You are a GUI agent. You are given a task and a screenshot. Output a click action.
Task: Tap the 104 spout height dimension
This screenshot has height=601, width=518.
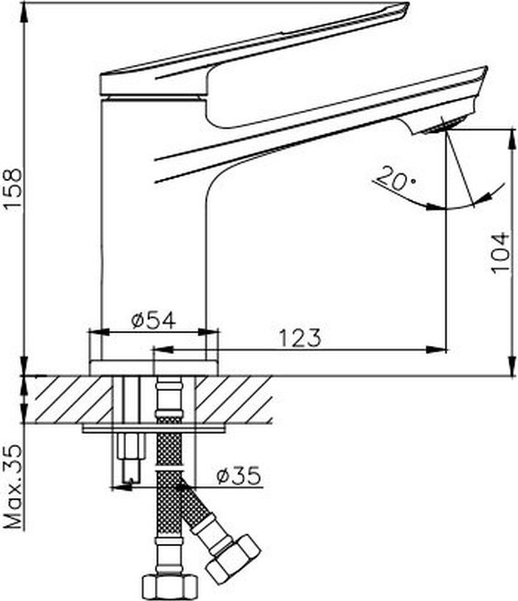(x=501, y=251)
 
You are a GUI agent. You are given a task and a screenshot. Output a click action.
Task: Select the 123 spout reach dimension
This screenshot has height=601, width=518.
(x=299, y=338)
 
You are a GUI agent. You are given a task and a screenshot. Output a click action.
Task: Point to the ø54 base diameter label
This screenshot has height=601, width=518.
(x=154, y=320)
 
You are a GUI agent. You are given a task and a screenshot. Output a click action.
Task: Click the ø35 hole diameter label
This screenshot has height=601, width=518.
(x=239, y=475)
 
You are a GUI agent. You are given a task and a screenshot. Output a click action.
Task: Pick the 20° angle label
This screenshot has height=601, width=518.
(x=395, y=178)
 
